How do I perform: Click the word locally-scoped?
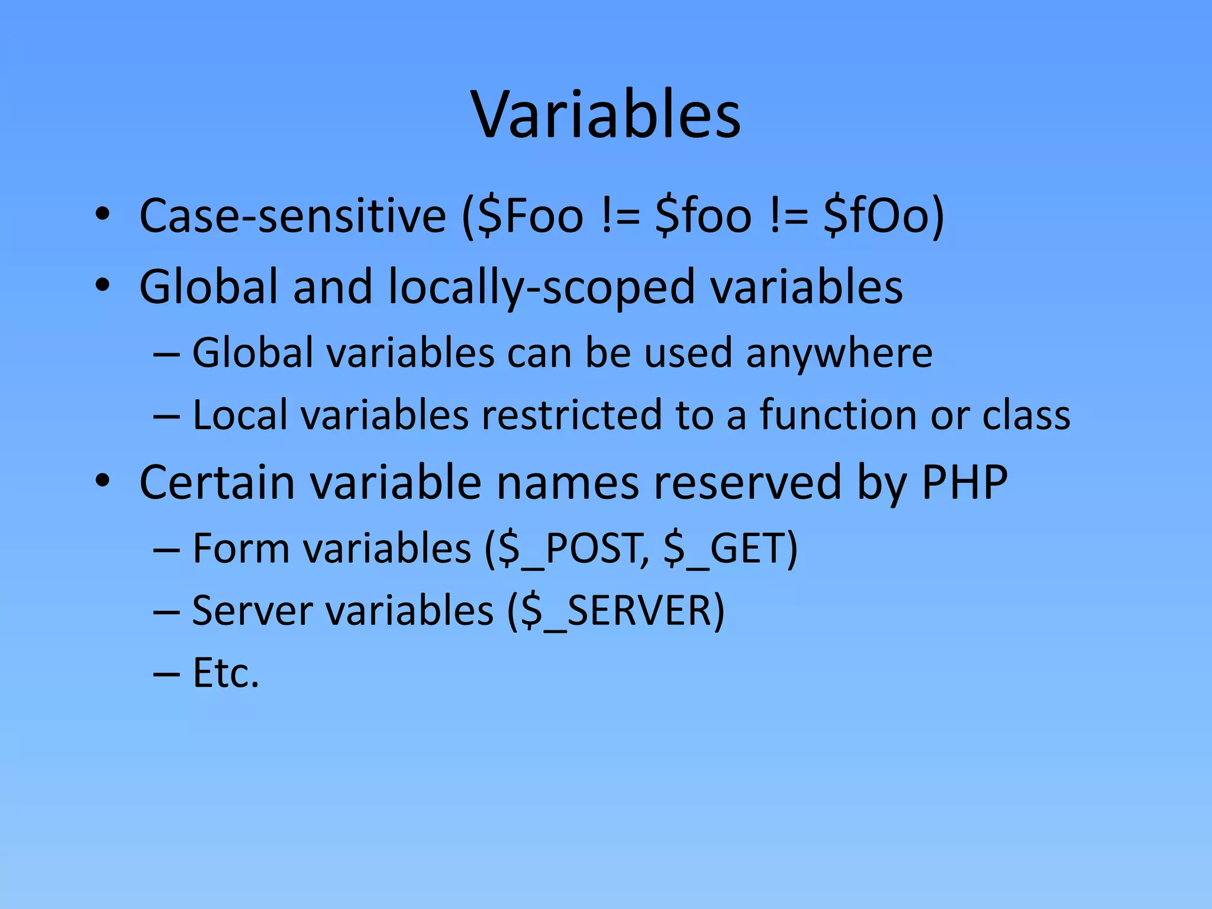point(541,288)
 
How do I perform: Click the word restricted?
point(571,415)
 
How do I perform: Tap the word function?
point(838,415)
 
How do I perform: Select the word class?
point(1026,415)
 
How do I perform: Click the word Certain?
point(217,482)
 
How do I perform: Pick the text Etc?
point(225,673)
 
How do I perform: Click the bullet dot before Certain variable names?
point(102,482)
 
